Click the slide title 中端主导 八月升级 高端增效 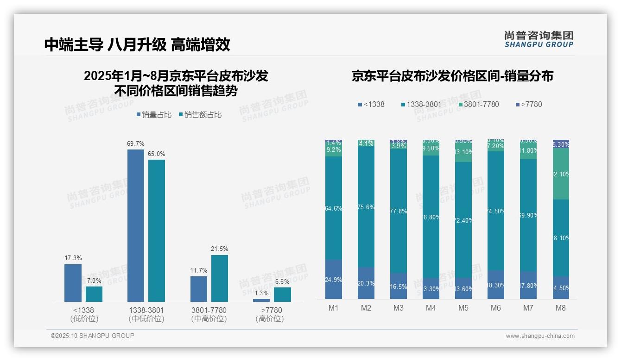coord(137,44)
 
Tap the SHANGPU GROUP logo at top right coord(539,39)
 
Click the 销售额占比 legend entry coord(200,115)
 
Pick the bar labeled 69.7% coord(135,225)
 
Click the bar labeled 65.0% coord(157,230)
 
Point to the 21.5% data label coord(220,249)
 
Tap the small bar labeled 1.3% coord(261,300)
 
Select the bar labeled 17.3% coord(73,283)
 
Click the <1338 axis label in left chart coord(84,310)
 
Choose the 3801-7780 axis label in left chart coord(209,310)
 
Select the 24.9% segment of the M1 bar coord(334,280)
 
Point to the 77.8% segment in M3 coord(399,211)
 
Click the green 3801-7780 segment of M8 coord(561,174)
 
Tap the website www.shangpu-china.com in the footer coord(540,336)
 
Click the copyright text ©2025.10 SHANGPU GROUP coord(93,336)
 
